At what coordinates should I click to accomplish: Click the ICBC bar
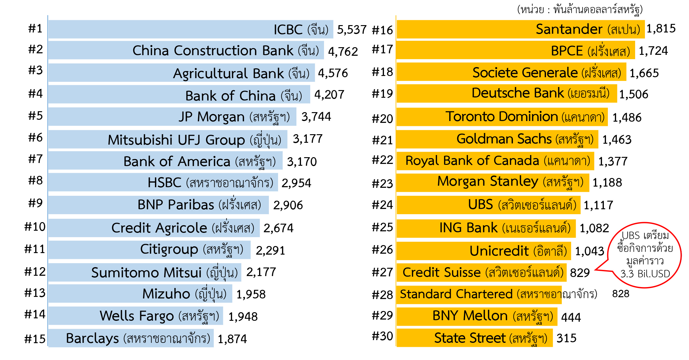coord(191,29)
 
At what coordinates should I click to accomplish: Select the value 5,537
coord(352,30)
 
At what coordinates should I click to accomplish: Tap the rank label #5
coord(36,116)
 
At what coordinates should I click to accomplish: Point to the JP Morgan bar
coord(172,116)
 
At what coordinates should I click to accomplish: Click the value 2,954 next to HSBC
coord(296,183)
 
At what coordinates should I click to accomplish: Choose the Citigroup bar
coord(149,250)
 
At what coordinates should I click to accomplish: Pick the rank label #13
coord(35,293)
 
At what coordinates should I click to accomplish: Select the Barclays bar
coord(131,338)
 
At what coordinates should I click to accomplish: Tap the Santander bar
coord(521,29)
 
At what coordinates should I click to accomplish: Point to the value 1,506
coord(634,94)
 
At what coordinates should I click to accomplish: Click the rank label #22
coord(382,160)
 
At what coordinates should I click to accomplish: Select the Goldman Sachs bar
coord(498,139)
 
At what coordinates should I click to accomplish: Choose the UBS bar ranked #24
coord(488,205)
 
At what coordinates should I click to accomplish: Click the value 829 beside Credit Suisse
coord(580,273)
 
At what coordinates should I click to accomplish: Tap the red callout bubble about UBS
coord(645,255)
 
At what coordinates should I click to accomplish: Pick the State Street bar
coord(475,338)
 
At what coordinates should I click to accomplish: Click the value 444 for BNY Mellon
coord(571,317)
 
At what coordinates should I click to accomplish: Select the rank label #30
coord(382,336)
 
